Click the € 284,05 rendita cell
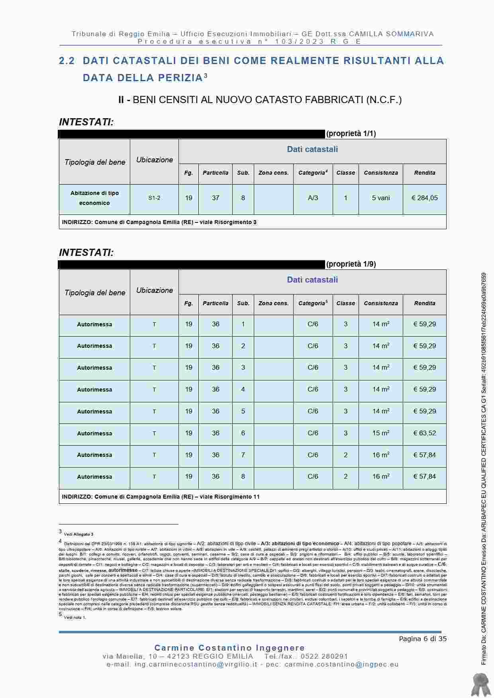[424, 198]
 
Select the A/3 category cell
[313, 198]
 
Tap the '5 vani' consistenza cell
[380, 198]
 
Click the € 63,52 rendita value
[424, 433]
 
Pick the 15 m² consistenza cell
[380, 433]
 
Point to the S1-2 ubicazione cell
[154, 198]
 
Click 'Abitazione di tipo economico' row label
[94, 198]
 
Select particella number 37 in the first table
[215, 198]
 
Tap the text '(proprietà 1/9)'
[351, 264]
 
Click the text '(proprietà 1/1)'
[351, 134]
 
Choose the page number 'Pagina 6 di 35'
[423, 639]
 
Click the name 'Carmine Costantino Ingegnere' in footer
[229, 648]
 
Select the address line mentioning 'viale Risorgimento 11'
[161, 497]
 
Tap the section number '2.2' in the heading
[67, 61]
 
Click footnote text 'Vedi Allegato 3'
[78, 534]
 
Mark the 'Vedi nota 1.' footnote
[75, 618]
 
